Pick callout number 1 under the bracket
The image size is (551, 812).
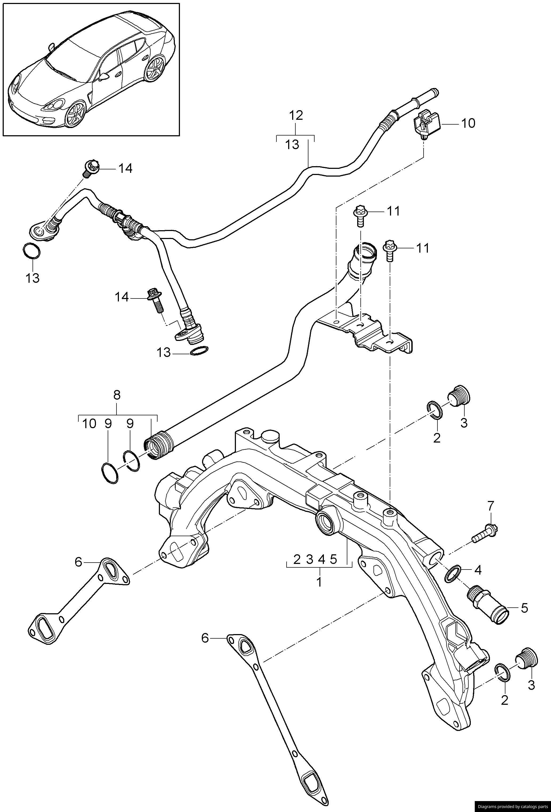click(x=319, y=582)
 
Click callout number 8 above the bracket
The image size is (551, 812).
click(x=117, y=395)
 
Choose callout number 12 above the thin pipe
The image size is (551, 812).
click(x=296, y=115)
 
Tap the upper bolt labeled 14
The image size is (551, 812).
click(x=92, y=168)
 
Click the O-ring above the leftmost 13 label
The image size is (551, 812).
click(x=31, y=251)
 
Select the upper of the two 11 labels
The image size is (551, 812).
click(x=393, y=211)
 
